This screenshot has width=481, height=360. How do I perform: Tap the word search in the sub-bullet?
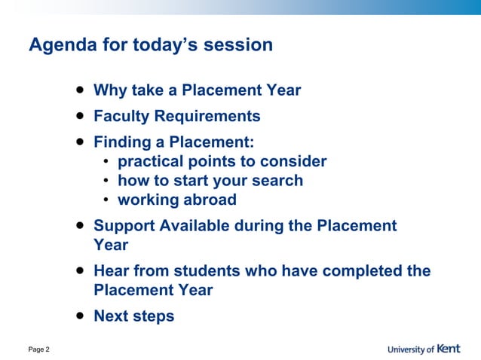277,181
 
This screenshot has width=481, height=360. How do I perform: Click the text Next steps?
133,316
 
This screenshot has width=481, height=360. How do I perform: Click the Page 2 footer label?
39,349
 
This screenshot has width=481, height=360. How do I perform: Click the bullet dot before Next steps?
79,316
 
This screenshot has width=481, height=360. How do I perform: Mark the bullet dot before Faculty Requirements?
79,116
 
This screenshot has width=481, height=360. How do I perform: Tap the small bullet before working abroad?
108,200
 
